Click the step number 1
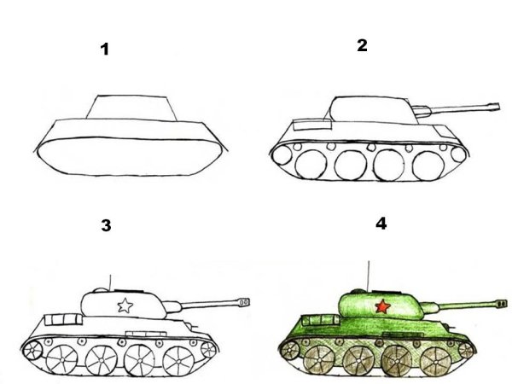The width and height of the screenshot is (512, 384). (105, 49)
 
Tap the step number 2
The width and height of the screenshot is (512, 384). (362, 45)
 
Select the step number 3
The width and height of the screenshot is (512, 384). (106, 226)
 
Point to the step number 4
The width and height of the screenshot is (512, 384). (381, 224)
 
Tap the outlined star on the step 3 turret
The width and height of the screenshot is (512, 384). (125, 304)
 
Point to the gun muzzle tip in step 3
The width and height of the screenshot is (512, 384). (247, 300)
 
